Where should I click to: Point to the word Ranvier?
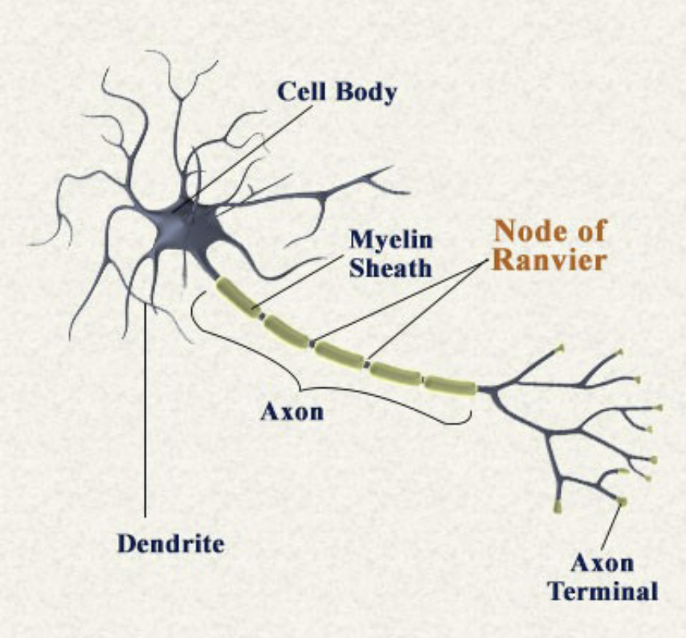[x=548, y=260]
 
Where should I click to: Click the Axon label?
[x=292, y=412]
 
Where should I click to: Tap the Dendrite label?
[x=170, y=543]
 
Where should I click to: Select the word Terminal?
[x=602, y=592]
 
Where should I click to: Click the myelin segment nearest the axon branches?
[x=451, y=385]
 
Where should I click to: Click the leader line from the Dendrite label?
[x=145, y=418]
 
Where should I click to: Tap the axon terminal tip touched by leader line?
[x=623, y=502]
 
